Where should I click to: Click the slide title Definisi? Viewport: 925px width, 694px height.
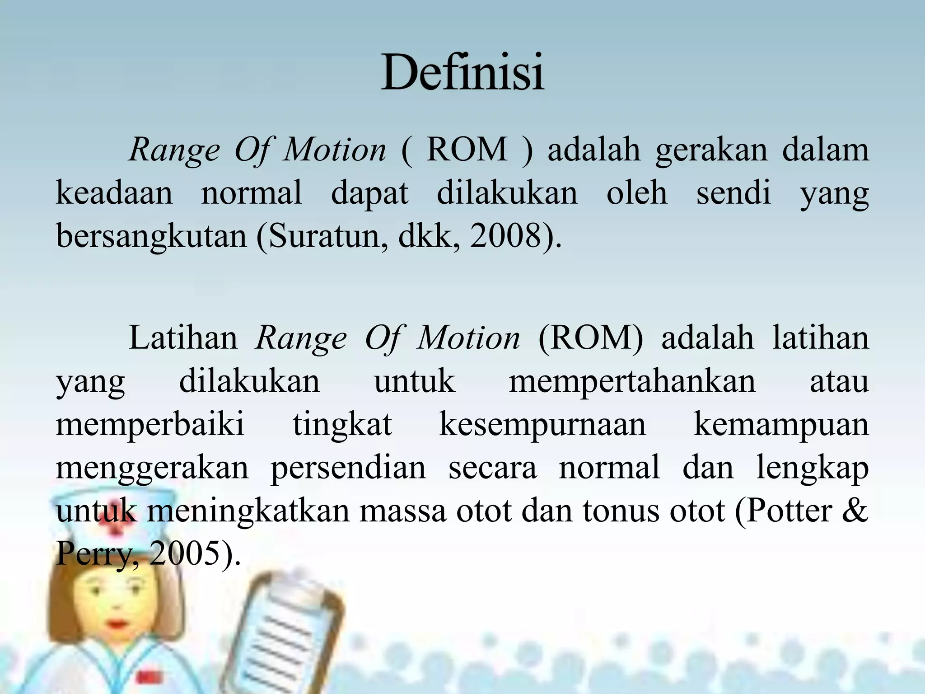click(x=462, y=72)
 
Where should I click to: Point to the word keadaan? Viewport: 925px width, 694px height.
click(x=114, y=193)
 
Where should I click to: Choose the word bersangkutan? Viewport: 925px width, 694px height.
click(x=151, y=236)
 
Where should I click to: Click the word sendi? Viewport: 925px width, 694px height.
click(x=733, y=193)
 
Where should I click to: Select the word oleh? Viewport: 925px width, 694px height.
click(x=637, y=193)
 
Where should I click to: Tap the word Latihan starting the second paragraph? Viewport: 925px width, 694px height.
click(x=183, y=338)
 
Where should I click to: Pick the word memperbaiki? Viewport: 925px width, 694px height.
click(x=150, y=425)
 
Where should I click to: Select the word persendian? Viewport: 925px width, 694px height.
click(x=348, y=468)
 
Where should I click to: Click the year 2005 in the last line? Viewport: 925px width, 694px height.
click(x=185, y=553)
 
